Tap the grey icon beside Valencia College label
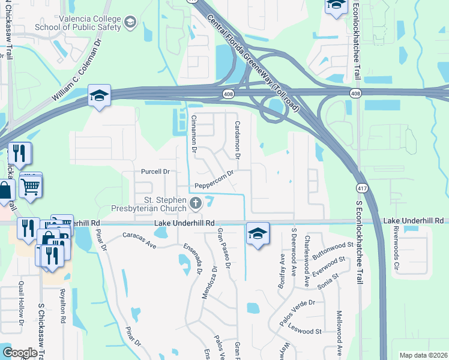click(131, 23)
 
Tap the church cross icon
click(195, 204)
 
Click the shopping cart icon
click(30, 185)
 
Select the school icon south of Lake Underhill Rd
click(258, 233)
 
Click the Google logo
click(20, 353)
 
